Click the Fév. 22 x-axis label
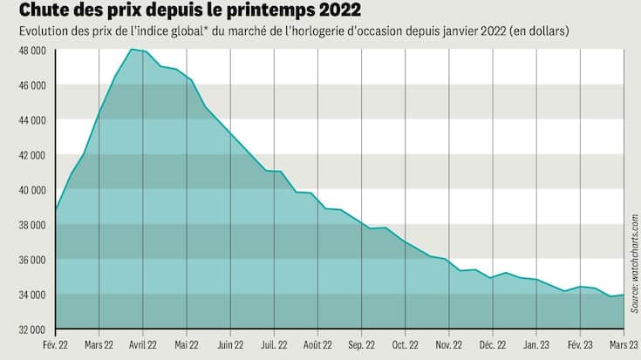(x=56, y=343)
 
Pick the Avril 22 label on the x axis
(x=143, y=343)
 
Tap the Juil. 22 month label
(x=274, y=343)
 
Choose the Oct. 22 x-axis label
(x=406, y=343)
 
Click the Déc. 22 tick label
(x=493, y=343)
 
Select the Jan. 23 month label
(x=536, y=343)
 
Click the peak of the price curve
(x=131, y=50)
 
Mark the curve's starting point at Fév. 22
(x=56, y=209)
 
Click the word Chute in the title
(x=36, y=12)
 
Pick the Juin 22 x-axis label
(x=230, y=343)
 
